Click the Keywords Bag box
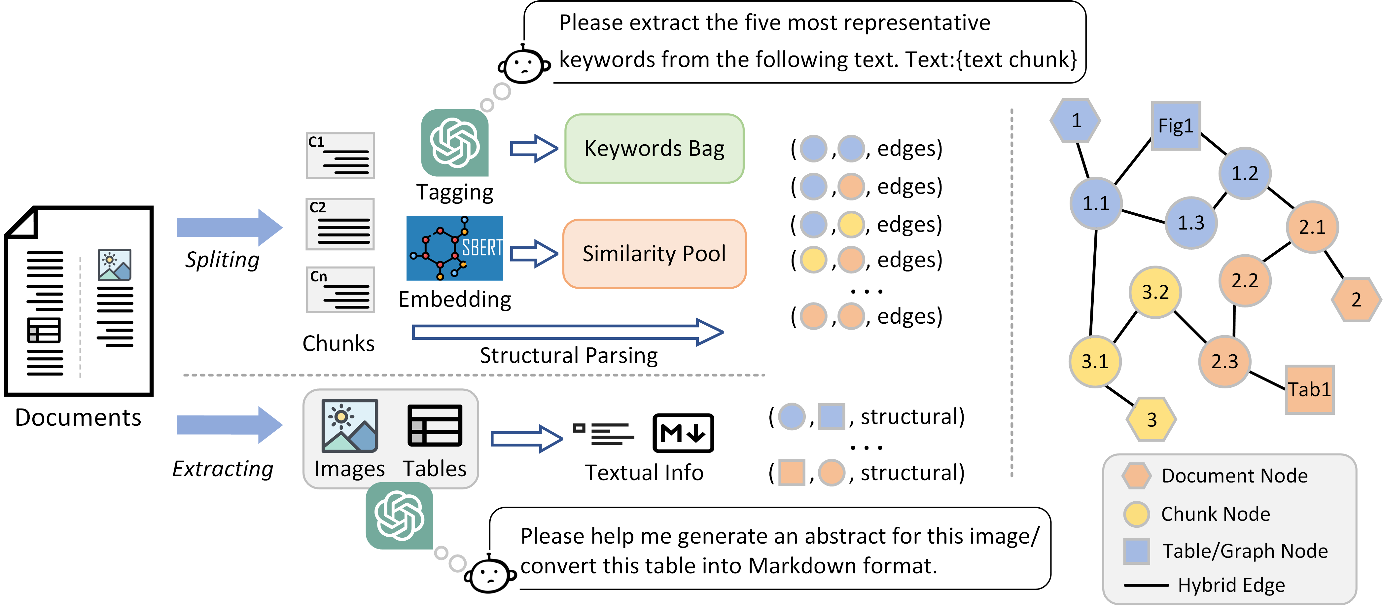point(654,148)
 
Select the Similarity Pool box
point(654,254)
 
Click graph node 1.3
point(1191,222)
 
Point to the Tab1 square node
point(1309,389)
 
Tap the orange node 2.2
point(1245,280)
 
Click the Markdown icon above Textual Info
point(683,433)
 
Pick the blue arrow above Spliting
point(229,228)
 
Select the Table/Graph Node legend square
point(1136,551)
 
